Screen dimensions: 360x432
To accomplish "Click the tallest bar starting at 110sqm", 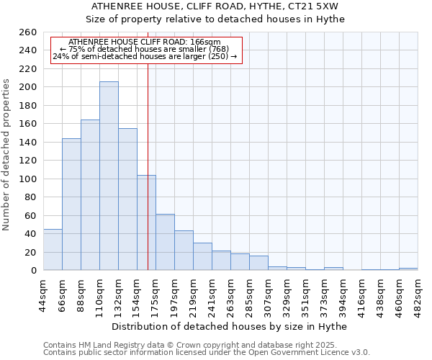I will [x=109, y=176].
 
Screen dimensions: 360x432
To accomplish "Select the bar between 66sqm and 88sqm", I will [x=71, y=204].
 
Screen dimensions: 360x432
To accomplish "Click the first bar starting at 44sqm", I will [x=53, y=250].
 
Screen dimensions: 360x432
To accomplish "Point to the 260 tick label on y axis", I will [x=28, y=32].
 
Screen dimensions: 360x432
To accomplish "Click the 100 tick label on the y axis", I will [x=28, y=179].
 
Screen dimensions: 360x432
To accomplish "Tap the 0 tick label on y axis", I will [x=34, y=270].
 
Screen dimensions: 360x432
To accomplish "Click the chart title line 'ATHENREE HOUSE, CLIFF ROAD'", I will [x=215, y=6].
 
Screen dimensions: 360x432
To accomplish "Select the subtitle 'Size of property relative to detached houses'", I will [x=215, y=19].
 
